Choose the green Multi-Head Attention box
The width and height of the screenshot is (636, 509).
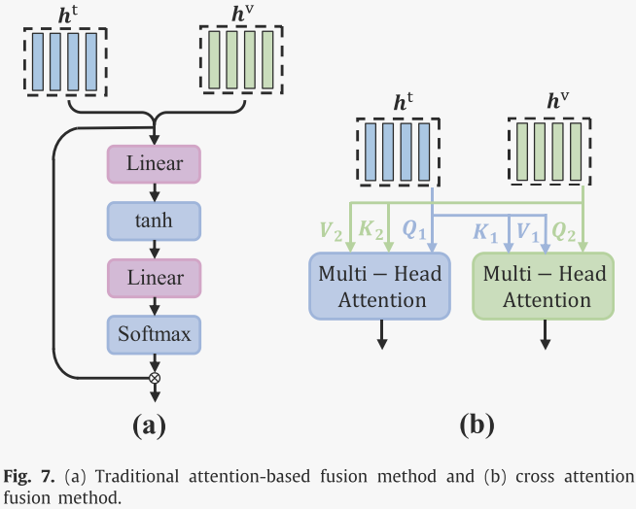[x=544, y=287]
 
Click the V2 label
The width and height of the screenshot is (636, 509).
[x=330, y=233]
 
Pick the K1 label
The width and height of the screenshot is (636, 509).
[x=484, y=233]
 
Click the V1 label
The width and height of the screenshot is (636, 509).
[x=526, y=233]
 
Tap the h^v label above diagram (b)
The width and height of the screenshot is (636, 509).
[x=558, y=101]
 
